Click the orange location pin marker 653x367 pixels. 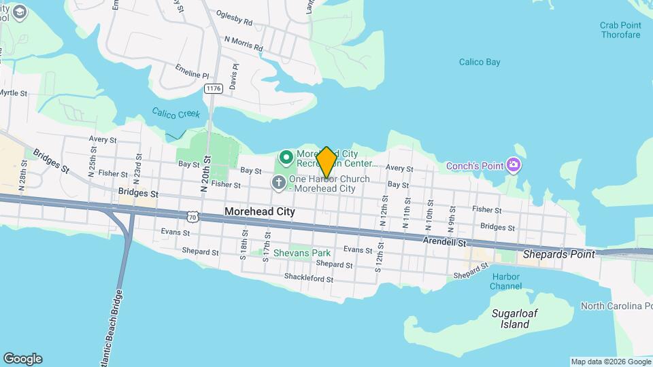coord(326,162)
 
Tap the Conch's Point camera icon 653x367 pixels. coord(514,165)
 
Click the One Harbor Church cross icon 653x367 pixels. coord(278,182)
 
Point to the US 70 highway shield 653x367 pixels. coord(194,215)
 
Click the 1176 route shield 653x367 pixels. coord(214,88)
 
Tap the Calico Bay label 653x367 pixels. coord(480,62)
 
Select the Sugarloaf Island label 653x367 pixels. coord(511,319)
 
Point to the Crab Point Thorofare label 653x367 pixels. coord(620,30)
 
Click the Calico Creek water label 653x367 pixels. coord(176,113)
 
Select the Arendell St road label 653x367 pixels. coord(446,241)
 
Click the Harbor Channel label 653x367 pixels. coord(505,281)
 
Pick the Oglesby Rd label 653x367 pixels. coord(234,18)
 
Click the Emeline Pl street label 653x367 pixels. coord(192,74)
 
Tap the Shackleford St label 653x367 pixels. coord(309,279)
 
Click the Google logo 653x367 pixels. coord(22,359)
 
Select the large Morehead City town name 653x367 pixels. coord(260,212)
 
